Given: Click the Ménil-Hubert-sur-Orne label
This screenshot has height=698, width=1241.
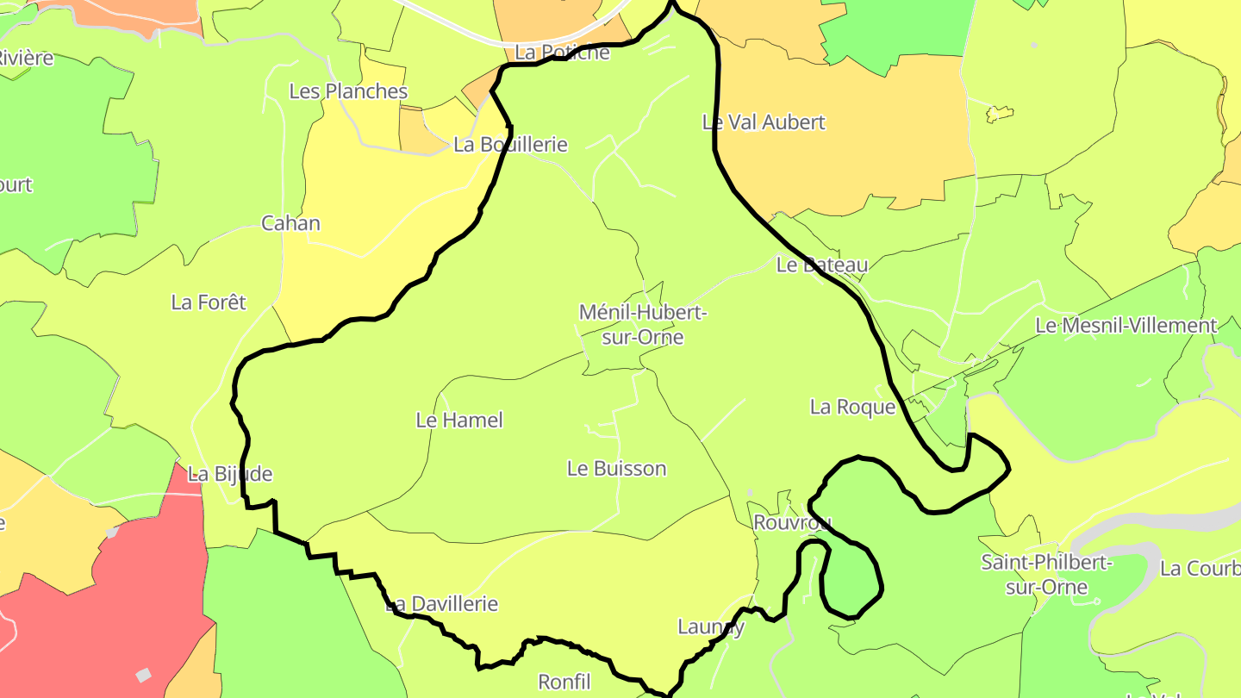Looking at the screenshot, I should pos(643,325).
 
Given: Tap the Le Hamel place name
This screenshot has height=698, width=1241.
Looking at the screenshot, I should pos(459,421).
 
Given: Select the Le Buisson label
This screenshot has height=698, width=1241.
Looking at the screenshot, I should pos(616,469).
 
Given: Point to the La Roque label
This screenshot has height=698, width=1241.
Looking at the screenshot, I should pos(852,407).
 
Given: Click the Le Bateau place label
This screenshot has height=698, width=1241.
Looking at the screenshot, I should pos(821,265).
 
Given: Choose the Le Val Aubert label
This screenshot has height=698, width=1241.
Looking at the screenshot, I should pos(764,122).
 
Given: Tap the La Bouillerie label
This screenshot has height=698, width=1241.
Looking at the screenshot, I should pos(510,145).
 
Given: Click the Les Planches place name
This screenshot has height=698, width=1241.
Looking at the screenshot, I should pos(348,91).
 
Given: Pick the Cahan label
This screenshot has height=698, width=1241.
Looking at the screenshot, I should pos(290,223).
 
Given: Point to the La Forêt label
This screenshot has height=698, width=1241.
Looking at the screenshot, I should pos(209,302).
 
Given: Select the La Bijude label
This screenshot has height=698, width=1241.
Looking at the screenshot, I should pos(230,474).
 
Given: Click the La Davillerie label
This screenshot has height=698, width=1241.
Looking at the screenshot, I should pos(441,604).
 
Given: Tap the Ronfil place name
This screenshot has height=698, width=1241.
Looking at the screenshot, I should pos(564,682).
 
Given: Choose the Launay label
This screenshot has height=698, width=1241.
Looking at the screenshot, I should pos(710,626).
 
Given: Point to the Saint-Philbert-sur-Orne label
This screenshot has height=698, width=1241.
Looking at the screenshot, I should pos(1047,575).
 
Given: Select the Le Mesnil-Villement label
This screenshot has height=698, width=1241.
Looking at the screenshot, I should pos(1126,326).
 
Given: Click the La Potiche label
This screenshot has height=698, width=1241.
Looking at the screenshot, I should pos(562,53).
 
